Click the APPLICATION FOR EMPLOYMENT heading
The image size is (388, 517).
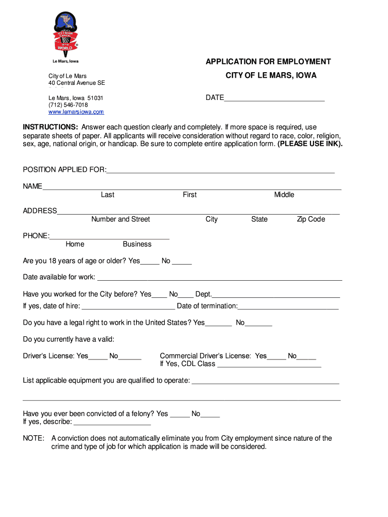click(x=268, y=62)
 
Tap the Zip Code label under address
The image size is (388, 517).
click(x=311, y=219)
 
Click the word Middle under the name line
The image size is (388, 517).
click(x=284, y=195)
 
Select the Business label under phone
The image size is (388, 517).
click(x=137, y=244)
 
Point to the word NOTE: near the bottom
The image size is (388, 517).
click(x=33, y=438)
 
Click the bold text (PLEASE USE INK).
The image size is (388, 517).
click(x=310, y=144)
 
